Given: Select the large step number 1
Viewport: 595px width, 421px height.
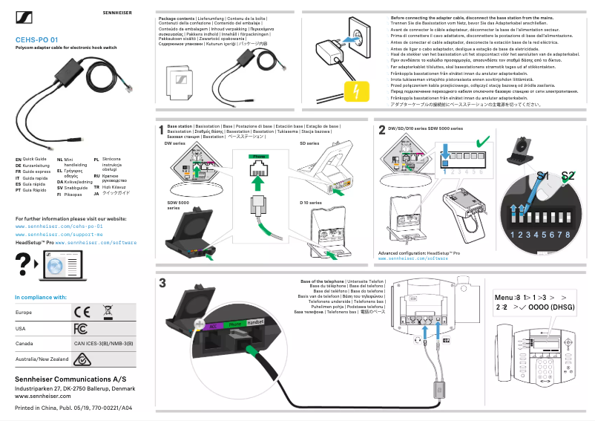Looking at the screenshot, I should pyautogui.click(x=161, y=130).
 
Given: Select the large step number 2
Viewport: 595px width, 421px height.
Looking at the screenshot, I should pyautogui.click(x=381, y=130).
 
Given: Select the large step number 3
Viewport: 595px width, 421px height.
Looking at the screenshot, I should pyautogui.click(x=162, y=284).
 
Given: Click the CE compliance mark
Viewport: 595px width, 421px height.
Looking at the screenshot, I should pyautogui.click(x=81, y=312).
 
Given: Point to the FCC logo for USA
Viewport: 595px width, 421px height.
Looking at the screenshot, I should pyautogui.click(x=81, y=328).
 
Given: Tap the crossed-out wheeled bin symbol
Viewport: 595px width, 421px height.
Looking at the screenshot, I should pyautogui.click(x=108, y=311).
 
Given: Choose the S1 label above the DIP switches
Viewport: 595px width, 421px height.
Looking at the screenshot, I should pyautogui.click(x=543, y=176).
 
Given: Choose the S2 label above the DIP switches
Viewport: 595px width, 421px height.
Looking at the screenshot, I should pyautogui.click(x=568, y=176).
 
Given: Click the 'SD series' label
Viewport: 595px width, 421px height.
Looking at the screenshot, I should pyautogui.click(x=310, y=143).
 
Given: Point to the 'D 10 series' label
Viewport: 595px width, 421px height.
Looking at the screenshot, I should pyautogui.click(x=310, y=202).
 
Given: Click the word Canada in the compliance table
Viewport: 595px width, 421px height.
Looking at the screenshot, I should pyautogui.click(x=24, y=344).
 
